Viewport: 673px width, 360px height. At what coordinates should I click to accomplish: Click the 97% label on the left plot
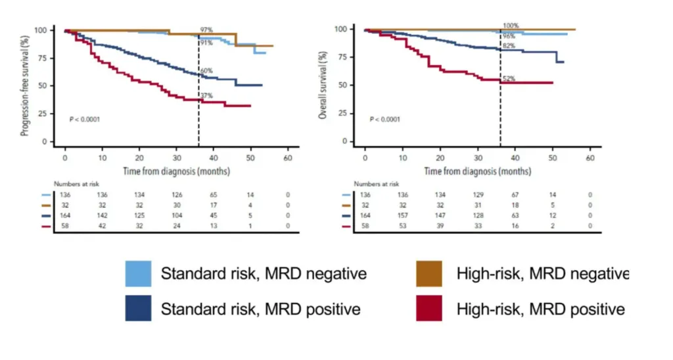coord(206,30)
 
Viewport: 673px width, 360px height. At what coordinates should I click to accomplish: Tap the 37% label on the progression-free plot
coord(206,96)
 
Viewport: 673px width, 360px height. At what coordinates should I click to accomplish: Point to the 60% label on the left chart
coord(206,70)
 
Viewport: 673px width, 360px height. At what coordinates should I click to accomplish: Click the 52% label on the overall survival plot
coord(509,79)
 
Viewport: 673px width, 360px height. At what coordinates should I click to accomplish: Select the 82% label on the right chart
coord(509,45)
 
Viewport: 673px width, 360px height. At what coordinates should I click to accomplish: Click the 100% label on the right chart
coord(510,26)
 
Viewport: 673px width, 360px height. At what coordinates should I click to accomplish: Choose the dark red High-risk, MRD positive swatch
coord(429,308)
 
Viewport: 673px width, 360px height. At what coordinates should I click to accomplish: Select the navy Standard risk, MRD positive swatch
coord(138,308)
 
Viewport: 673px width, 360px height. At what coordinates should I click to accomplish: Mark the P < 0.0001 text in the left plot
coord(85,120)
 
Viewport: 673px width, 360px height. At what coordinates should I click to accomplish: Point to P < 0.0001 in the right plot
coord(384,120)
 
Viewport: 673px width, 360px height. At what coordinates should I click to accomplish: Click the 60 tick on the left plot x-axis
coord(288,160)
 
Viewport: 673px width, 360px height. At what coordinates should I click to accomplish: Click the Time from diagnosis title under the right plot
coord(477,171)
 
